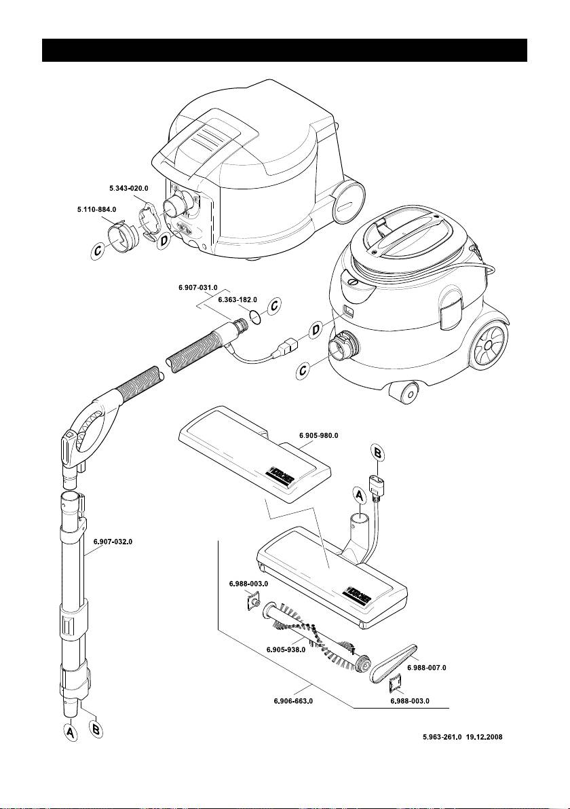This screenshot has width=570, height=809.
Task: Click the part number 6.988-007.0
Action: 426,668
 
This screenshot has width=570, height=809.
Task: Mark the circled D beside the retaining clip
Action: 162,240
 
